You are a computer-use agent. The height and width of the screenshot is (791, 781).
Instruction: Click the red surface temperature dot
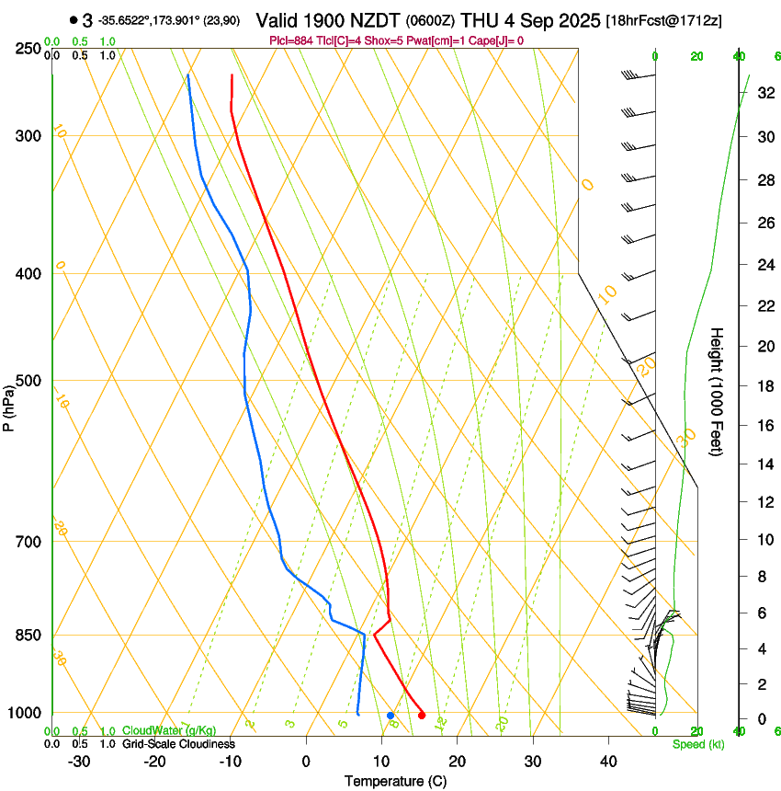[422, 715]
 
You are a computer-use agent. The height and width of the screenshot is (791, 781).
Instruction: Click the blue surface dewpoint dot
[390, 715]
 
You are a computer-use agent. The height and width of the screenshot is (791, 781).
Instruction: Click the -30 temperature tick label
[79, 762]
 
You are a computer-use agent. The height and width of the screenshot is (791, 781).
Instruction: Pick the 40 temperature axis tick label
[608, 762]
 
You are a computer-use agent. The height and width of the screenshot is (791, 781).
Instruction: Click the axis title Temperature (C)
[395, 781]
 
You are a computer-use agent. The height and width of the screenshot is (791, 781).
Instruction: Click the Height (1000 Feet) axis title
[717, 391]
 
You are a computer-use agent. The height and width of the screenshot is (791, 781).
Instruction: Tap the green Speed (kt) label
[697, 744]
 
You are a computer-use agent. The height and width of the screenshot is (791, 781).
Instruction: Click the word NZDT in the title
[366, 20]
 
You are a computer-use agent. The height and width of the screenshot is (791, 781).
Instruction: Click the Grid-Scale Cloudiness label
[178, 744]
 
